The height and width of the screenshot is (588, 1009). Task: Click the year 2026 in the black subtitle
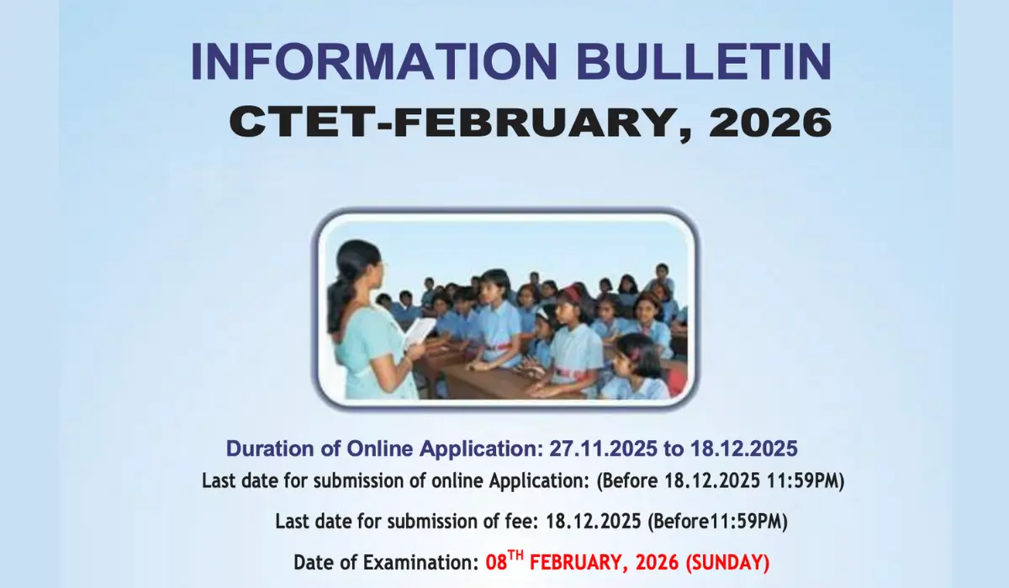tap(770, 123)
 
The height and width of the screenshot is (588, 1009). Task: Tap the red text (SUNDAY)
tap(728, 562)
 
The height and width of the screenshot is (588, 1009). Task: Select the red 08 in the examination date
tap(496, 562)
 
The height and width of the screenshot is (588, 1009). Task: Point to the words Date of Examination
tap(386, 562)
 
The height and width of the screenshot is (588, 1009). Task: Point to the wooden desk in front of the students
tap(483, 382)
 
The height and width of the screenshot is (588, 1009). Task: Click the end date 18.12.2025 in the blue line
tap(743, 448)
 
